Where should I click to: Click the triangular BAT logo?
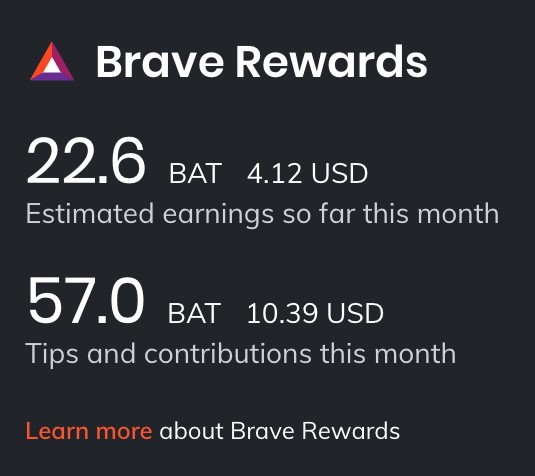tap(52, 62)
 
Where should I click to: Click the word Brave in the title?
tap(160, 62)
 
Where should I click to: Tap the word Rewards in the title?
tap(332, 62)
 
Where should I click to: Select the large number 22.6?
tap(86, 161)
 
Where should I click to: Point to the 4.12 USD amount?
tap(307, 173)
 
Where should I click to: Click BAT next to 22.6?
tap(196, 173)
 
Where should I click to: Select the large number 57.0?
tap(86, 300)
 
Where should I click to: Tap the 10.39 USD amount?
tap(315, 313)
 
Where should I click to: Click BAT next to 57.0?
tap(194, 313)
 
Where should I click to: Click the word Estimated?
tap(90, 214)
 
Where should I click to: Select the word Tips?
tap(52, 355)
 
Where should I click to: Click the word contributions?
tap(228, 353)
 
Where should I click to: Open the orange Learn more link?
tap(89, 431)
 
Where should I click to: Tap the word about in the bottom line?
tap(191, 431)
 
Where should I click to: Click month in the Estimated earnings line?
tap(458, 214)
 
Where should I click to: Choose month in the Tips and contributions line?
tap(415, 353)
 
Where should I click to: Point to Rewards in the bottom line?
tap(351, 431)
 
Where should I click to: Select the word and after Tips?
tap(111, 353)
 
